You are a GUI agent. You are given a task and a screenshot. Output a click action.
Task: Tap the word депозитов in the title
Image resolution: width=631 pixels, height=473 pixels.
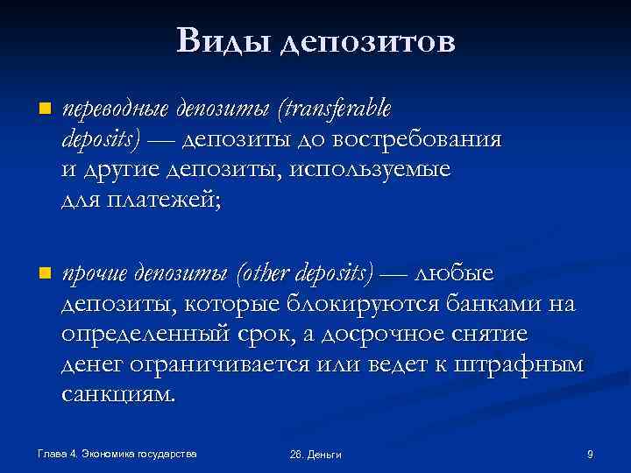point(368,42)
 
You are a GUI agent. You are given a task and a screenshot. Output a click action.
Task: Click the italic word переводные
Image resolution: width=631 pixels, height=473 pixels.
point(116,109)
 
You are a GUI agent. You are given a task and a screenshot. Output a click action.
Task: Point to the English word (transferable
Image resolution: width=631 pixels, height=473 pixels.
point(334,109)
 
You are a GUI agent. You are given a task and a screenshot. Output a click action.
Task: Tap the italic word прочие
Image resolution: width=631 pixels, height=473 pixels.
point(95,274)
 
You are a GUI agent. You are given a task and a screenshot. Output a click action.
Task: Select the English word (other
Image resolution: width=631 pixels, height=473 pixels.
point(264,274)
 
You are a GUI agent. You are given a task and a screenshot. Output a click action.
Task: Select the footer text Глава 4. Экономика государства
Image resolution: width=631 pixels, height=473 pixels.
point(117,453)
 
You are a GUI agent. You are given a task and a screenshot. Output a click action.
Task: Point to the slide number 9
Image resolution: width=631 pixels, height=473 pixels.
point(590,453)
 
